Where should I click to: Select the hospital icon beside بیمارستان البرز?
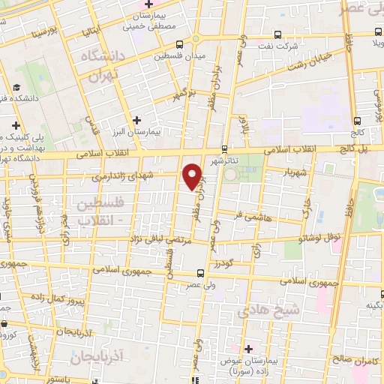tap(136, 120)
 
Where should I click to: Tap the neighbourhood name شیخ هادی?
tap(258, 309)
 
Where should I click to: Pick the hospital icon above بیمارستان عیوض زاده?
tap(248, 349)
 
